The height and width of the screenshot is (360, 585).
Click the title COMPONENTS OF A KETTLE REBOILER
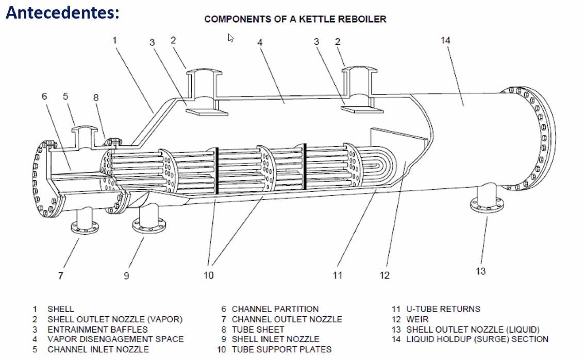click(295, 20)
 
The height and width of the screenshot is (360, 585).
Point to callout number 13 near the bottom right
click(480, 271)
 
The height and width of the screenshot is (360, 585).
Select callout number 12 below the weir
click(385, 275)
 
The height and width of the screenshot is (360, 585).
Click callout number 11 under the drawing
click(337, 275)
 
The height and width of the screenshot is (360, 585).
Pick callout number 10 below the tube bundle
click(208, 275)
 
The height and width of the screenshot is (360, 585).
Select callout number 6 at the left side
click(44, 96)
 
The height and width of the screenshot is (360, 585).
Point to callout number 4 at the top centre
click(260, 42)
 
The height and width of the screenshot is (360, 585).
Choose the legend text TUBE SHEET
click(258, 329)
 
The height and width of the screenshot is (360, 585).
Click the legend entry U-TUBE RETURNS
click(443, 309)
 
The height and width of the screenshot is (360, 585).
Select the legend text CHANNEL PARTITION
click(275, 309)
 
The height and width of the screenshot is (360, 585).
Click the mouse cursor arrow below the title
click(231, 38)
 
